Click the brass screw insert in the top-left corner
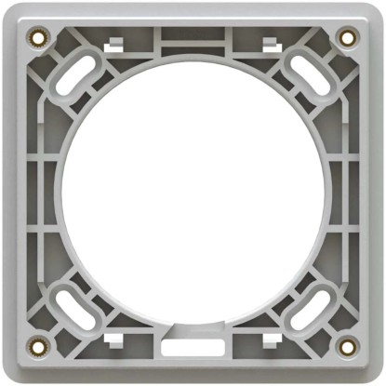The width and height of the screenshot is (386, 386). point(38,38)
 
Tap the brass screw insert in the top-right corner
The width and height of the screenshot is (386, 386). point(348,38)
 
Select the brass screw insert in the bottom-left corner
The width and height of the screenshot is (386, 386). point(38,347)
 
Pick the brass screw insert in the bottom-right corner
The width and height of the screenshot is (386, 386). point(348,347)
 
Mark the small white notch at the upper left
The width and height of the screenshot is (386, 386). point(115,43)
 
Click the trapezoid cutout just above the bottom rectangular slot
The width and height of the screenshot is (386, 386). point(192,327)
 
